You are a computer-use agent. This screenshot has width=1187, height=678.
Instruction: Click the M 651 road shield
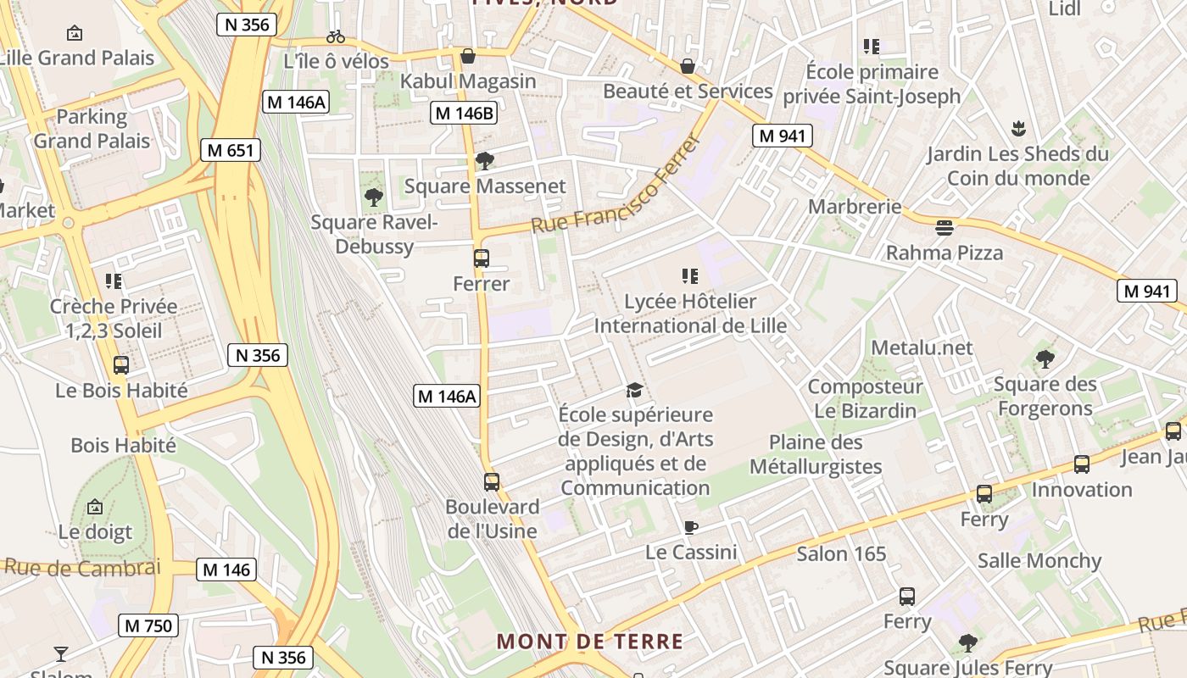[x=231, y=151]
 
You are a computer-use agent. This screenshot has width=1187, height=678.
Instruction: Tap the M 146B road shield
[x=463, y=113]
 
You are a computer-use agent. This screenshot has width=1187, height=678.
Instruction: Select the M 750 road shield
[x=148, y=626]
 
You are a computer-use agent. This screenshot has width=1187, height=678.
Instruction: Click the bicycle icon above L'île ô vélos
[x=336, y=36]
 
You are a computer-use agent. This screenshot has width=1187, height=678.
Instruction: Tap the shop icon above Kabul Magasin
[x=467, y=57]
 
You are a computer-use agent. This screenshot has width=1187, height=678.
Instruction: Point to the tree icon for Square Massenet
[x=485, y=160]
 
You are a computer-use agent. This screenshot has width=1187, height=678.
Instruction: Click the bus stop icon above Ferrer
[x=482, y=258]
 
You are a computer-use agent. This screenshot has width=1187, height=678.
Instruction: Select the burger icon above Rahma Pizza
[x=944, y=227]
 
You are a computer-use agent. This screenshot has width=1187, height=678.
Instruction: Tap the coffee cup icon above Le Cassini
[x=691, y=527]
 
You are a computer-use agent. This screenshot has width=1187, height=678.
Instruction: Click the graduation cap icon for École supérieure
[x=634, y=390]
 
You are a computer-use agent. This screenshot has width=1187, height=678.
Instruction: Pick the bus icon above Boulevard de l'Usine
[x=492, y=481]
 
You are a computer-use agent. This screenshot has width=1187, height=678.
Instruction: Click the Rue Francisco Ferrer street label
[x=616, y=185]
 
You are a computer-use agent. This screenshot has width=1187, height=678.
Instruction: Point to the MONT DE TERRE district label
[x=590, y=641]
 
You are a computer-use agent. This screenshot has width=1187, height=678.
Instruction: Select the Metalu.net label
[x=922, y=347]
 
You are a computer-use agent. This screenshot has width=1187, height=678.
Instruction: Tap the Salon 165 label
[x=841, y=554]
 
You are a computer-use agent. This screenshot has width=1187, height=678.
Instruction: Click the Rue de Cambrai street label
[x=82, y=568]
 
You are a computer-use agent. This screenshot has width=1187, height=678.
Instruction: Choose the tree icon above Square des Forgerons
[x=1045, y=358]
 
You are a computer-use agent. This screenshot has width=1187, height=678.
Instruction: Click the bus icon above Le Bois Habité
[x=121, y=365]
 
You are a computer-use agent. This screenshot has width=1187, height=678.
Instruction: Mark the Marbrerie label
[x=855, y=207]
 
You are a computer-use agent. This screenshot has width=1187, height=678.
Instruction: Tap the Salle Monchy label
[x=1039, y=561]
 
